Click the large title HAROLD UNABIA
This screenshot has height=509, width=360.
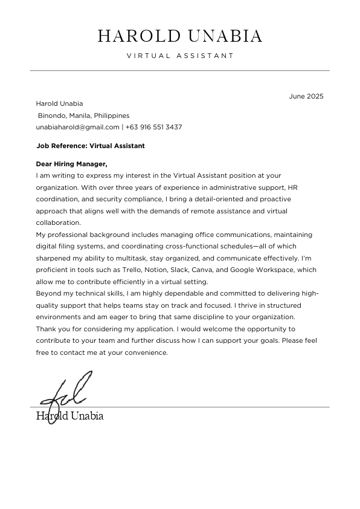pyautogui.click(x=180, y=36)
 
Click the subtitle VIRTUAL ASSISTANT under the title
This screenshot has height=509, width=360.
pyautogui.click(x=180, y=56)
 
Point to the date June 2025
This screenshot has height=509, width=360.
pyautogui.click(x=306, y=96)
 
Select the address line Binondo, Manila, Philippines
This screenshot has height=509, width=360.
pyautogui.click(x=84, y=115)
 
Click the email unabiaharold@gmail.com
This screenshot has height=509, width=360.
pyautogui.click(x=78, y=127)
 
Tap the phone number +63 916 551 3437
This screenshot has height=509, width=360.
pyautogui.click(x=153, y=127)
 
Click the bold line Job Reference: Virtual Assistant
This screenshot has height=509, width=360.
pyautogui.click(x=91, y=146)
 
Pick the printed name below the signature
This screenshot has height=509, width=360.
pyautogui.click(x=69, y=416)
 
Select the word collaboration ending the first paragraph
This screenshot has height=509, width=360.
pyautogui.click(x=58, y=222)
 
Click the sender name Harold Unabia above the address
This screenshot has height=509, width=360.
pyautogui.click(x=60, y=103)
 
